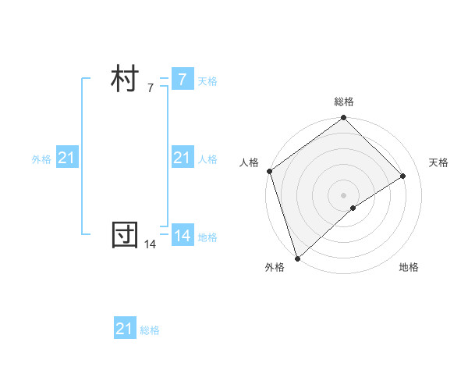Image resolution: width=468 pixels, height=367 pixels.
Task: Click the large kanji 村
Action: (125, 80)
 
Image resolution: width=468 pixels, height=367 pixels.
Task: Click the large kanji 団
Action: (125, 235)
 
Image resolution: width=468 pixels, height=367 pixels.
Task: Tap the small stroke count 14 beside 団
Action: (151, 244)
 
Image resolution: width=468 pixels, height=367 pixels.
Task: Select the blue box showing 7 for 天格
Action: (182, 80)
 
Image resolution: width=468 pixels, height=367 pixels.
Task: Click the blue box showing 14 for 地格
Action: (182, 235)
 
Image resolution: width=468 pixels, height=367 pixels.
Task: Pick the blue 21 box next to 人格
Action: (182, 158)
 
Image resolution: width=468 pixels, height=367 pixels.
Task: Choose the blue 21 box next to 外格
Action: (66, 158)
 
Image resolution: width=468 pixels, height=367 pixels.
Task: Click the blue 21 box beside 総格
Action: (124, 329)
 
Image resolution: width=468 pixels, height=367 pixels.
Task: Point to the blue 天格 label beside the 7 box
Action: (207, 81)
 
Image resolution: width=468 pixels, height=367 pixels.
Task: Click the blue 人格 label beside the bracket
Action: (207, 159)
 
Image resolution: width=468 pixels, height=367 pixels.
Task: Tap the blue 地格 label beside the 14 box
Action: (207, 237)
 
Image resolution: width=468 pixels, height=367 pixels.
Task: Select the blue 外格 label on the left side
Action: (41, 159)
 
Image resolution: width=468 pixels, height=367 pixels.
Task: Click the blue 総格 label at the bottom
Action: (150, 330)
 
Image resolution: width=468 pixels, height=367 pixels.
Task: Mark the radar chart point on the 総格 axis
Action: (343, 119)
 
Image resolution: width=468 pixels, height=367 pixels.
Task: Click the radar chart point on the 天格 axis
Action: (403, 176)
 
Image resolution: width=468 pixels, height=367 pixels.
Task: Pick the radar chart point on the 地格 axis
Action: (353, 208)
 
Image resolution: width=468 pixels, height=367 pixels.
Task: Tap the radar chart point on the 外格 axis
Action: (297, 257)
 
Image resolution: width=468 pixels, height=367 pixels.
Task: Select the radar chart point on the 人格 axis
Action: (269, 171)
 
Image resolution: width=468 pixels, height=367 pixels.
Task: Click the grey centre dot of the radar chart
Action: (343, 194)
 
